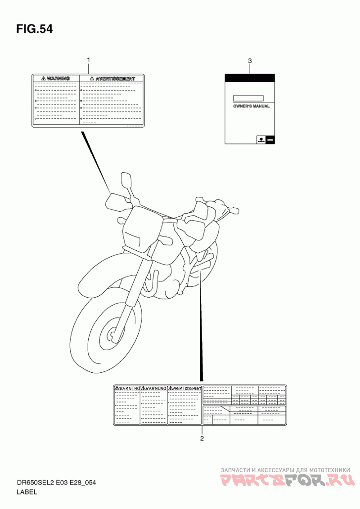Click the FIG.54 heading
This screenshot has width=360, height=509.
pyautogui.click(x=34, y=30)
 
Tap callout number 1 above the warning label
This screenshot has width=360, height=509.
pyautogui.click(x=89, y=60)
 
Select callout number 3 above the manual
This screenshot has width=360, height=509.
pyautogui.click(x=250, y=61)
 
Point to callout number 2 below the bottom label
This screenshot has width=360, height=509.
pyautogui.click(x=202, y=438)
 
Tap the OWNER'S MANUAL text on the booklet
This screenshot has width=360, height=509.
pyautogui.click(x=251, y=107)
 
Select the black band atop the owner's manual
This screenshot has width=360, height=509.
pyautogui.click(x=250, y=78)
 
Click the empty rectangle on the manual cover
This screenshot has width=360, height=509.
pyautogui.click(x=248, y=98)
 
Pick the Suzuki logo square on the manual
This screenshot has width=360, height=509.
pyautogui.click(x=261, y=139)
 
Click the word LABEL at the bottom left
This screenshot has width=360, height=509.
pyautogui.click(x=27, y=492)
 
